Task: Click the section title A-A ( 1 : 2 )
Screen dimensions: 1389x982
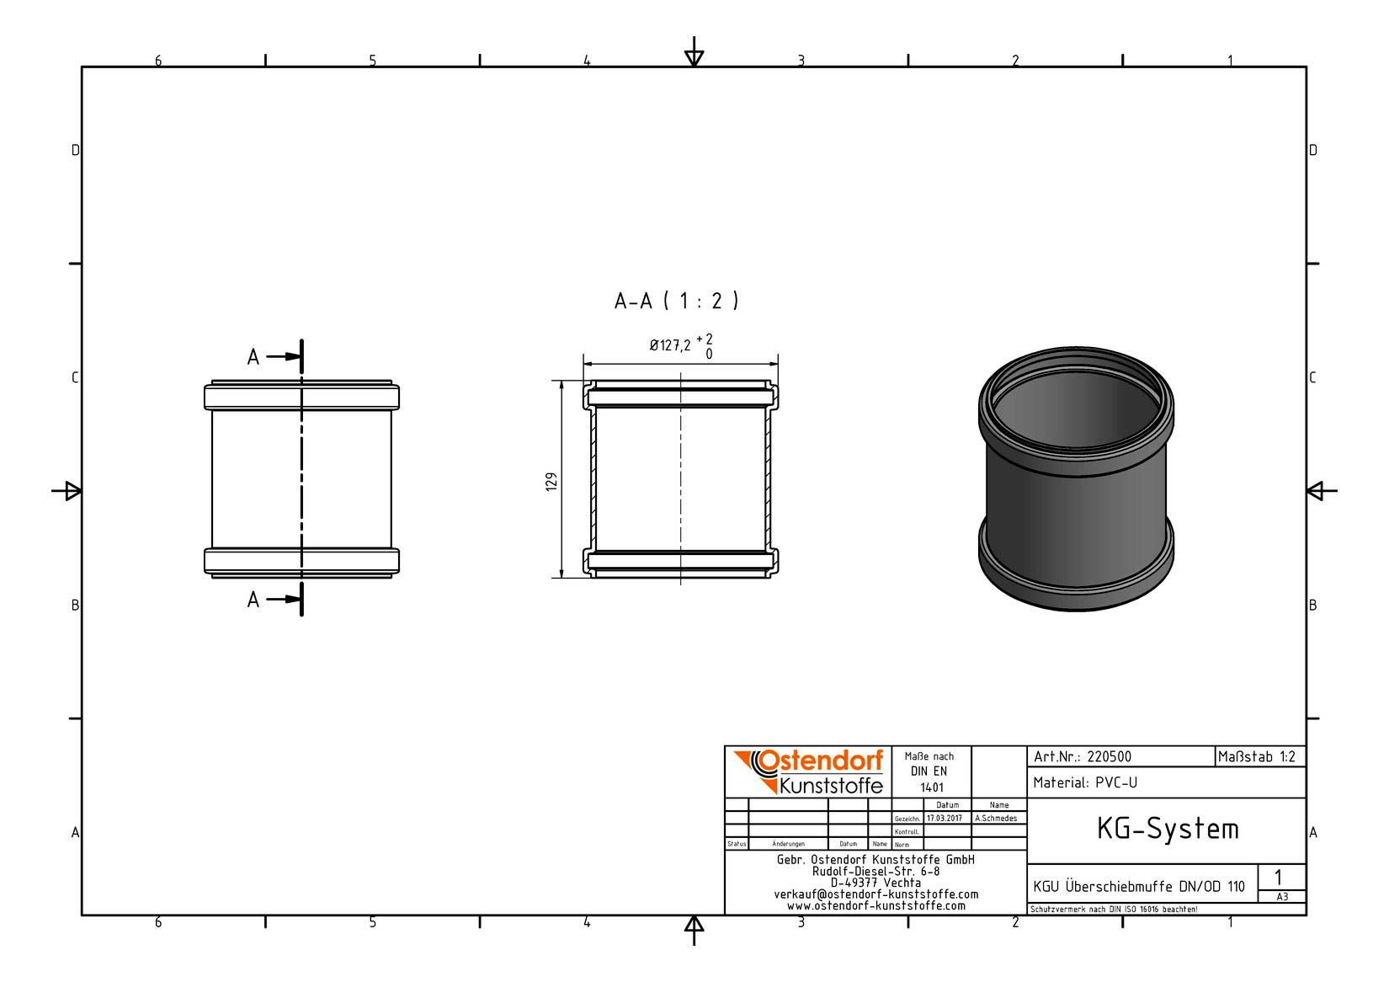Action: tap(676, 301)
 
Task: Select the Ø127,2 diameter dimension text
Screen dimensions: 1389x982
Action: tap(670, 345)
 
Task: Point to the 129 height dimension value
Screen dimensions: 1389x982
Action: tap(551, 482)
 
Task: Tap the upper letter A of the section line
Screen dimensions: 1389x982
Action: tap(253, 357)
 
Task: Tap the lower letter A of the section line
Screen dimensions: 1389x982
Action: tap(253, 600)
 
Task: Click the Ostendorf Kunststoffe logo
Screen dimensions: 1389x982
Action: tap(809, 771)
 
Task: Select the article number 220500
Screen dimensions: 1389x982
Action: tap(1110, 757)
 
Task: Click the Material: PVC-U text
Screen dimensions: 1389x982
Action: tap(1085, 783)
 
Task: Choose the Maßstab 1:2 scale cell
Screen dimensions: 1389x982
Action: tap(1257, 757)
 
